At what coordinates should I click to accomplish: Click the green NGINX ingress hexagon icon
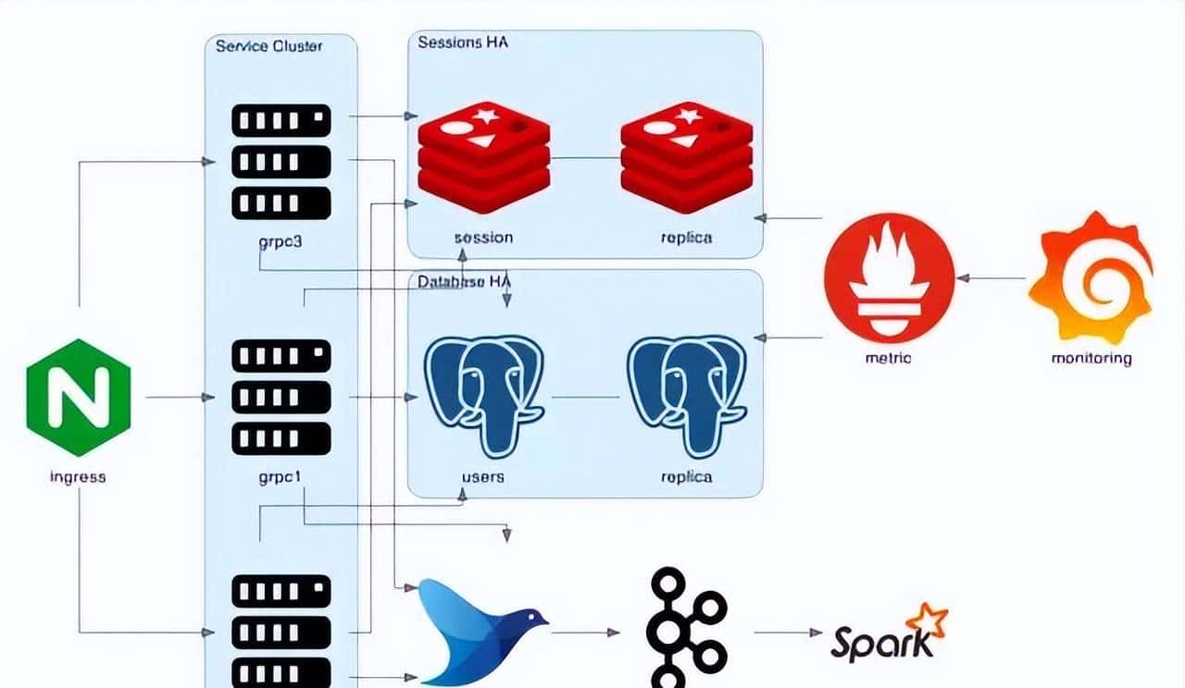coord(79,398)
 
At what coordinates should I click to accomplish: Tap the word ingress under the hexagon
coord(78,477)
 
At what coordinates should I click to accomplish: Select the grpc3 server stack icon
coord(281,162)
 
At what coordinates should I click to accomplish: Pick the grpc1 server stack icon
coord(281,398)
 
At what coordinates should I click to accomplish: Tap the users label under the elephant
coord(483,477)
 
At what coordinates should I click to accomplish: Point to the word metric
coord(888,358)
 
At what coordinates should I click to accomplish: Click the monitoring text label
coord(1091,358)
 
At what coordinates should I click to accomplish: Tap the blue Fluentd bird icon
coord(481,630)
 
